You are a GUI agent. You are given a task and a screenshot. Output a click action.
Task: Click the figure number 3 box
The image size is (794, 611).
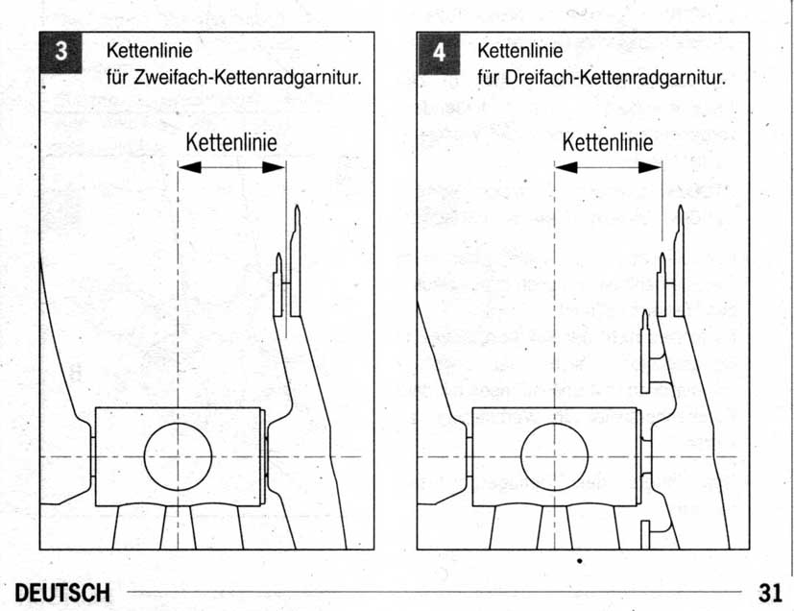[x=60, y=53]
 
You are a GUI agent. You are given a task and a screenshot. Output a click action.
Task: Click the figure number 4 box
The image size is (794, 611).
[x=439, y=53]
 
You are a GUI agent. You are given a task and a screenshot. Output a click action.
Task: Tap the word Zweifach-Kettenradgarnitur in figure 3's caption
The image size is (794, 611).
[x=248, y=78]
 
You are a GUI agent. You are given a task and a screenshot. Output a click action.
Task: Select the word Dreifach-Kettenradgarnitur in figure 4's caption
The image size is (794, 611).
[x=615, y=78]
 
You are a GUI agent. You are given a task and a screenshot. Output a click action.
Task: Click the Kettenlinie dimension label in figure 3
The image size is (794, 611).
[x=231, y=142]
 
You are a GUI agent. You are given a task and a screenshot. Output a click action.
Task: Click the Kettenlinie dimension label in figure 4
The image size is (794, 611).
[x=608, y=142]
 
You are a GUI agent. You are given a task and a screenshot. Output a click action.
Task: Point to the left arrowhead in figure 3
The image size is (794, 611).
[x=189, y=167]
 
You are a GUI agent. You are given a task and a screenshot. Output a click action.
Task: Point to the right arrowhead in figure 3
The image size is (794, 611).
[x=274, y=167]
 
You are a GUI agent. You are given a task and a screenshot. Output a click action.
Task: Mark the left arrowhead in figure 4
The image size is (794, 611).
[x=566, y=167]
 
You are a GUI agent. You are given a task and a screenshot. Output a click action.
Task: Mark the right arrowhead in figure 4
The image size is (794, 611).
[x=650, y=167]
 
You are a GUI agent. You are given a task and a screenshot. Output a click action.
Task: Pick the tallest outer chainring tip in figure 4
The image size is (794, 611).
[x=681, y=212]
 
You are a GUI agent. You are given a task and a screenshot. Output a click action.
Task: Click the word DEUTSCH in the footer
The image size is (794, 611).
[x=62, y=593]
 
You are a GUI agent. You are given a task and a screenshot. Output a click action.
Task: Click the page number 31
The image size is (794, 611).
[x=770, y=593]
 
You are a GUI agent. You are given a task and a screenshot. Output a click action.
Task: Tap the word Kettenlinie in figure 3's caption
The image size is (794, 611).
[x=150, y=51]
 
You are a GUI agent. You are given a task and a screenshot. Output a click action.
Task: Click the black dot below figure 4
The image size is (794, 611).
[x=579, y=561]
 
